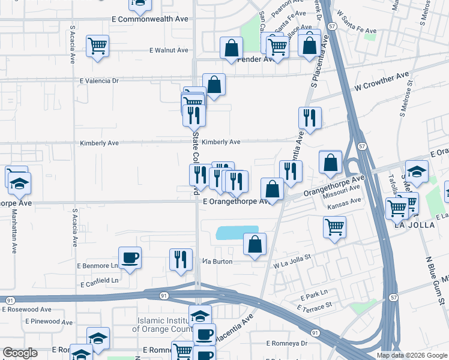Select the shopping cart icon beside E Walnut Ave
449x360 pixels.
(x=97, y=46)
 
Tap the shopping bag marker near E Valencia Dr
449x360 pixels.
(x=214, y=85)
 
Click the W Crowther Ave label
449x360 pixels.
(x=381, y=82)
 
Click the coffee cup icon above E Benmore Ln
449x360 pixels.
(x=130, y=258)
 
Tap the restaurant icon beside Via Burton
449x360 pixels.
(x=181, y=259)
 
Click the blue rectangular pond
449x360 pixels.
(x=237, y=233)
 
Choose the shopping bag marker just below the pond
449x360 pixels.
(x=255, y=244)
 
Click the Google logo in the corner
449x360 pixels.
(x=20, y=353)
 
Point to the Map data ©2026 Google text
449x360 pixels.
(x=411, y=355)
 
